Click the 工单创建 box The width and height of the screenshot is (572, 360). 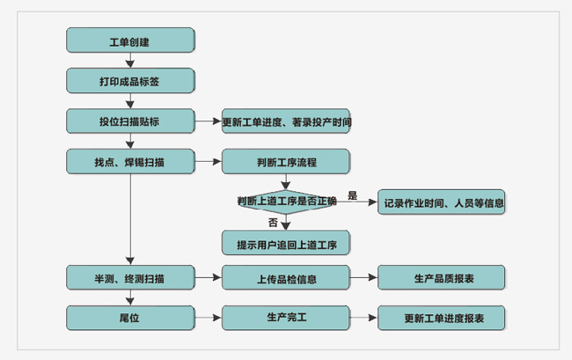pyautogui.click(x=130, y=40)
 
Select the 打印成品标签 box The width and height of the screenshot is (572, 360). pyautogui.click(x=130, y=81)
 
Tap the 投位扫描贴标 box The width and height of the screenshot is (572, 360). pyautogui.click(x=130, y=121)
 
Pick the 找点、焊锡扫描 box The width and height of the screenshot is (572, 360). pyautogui.click(x=130, y=162)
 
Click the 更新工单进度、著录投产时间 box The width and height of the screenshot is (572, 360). pyautogui.click(x=286, y=121)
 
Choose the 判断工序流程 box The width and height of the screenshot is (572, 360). pyautogui.click(x=286, y=162)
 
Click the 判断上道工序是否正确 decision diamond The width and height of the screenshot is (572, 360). pyautogui.click(x=286, y=202)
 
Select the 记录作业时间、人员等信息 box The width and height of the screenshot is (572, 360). pyautogui.click(x=442, y=202)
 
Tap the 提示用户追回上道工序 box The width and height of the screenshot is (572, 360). pyautogui.click(x=286, y=242)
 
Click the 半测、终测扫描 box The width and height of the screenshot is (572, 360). pyautogui.click(x=130, y=278)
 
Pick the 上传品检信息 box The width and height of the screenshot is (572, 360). pyautogui.click(x=286, y=278)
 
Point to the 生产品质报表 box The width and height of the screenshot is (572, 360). pyautogui.click(x=442, y=278)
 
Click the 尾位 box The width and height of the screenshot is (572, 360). pyautogui.click(x=130, y=318)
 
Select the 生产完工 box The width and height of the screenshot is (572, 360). pyautogui.click(x=286, y=317)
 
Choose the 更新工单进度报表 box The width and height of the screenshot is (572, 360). pyautogui.click(x=442, y=318)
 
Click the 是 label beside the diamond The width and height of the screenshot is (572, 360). pyautogui.click(x=352, y=195)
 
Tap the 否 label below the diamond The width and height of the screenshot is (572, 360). pyautogui.click(x=273, y=222)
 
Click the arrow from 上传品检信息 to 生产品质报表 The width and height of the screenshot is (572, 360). pyautogui.click(x=363, y=278)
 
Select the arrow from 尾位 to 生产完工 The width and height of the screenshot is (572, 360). pyautogui.click(x=208, y=318)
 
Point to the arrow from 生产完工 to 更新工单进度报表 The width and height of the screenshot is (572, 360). pyautogui.click(x=363, y=318)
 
